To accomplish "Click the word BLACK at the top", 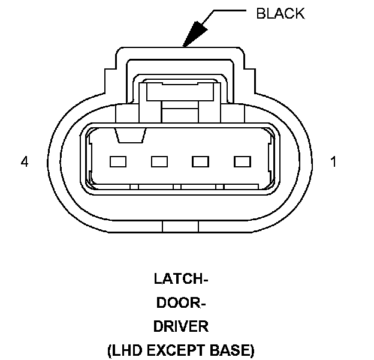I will coord(280,13).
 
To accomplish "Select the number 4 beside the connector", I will coord(25,162).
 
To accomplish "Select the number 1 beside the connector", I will coord(333,162).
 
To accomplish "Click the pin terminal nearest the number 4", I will coord(117,161).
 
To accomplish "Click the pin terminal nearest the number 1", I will coord(242,161).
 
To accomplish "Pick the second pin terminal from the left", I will coord(159,161).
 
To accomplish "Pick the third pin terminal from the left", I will coord(200,161).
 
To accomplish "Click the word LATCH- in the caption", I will coord(180,279).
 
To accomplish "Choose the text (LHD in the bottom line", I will coord(124,350).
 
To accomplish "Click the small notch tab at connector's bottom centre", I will coord(180,226).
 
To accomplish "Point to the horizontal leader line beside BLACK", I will coord(225,11).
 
